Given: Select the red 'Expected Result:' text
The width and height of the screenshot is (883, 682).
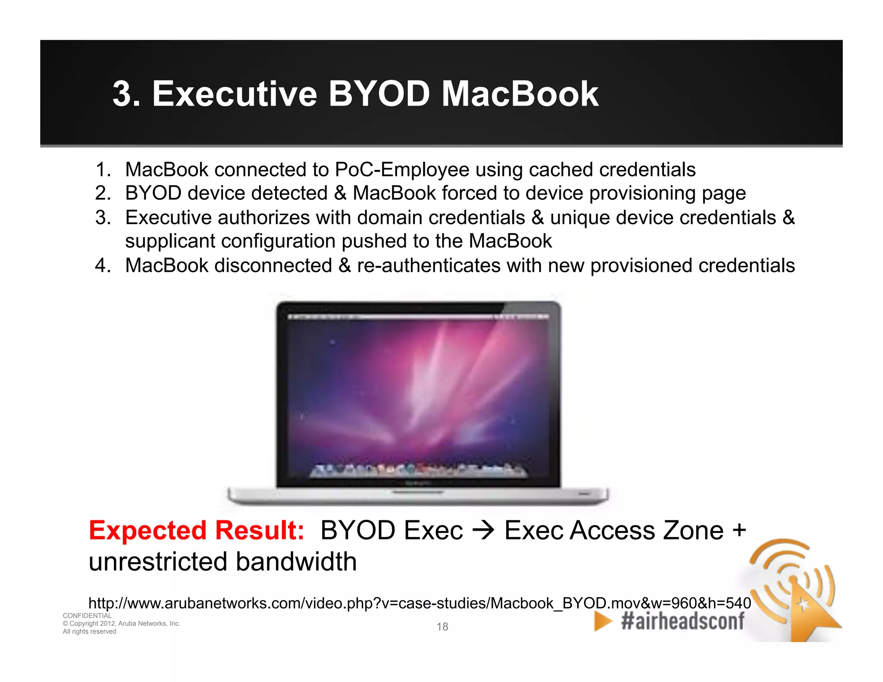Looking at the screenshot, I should [x=197, y=530].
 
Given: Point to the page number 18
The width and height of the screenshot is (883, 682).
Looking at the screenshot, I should [x=442, y=626].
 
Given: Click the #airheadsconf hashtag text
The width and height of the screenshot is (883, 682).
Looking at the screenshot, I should [x=683, y=621].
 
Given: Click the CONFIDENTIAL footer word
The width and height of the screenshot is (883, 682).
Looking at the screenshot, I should [x=87, y=616].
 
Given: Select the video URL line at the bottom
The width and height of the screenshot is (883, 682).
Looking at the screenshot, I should [x=420, y=603].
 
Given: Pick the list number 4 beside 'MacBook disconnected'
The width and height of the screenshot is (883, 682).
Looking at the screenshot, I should [x=103, y=265].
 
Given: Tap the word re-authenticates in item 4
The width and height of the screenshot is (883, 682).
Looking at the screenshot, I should [x=429, y=265].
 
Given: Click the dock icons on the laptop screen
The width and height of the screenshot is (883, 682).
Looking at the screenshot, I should [x=418, y=470].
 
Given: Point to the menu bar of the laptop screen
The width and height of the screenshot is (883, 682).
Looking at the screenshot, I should [x=418, y=317].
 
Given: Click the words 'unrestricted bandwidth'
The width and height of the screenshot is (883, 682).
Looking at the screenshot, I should [x=222, y=562].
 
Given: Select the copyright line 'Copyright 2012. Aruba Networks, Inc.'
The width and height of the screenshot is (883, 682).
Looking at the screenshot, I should [x=122, y=623].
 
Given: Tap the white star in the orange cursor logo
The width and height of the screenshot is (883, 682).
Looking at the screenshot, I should [x=803, y=605].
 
